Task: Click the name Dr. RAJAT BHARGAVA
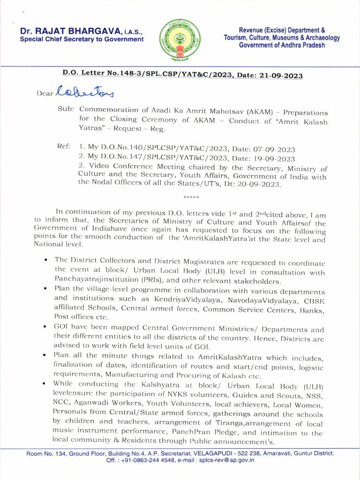click(70, 31)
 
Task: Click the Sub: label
click(65, 109)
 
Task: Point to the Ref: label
click(64, 147)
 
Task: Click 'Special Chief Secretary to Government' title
click(82, 39)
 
